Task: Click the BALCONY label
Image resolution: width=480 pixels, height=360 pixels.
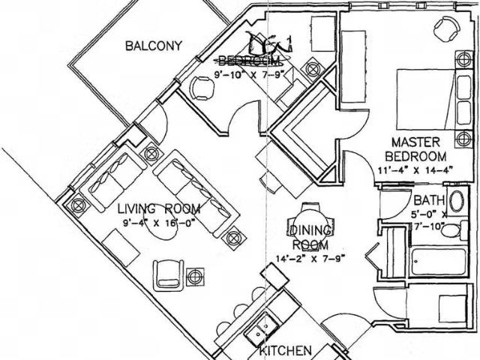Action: click(x=153, y=46)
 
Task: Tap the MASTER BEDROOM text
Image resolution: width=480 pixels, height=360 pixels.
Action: click(x=415, y=149)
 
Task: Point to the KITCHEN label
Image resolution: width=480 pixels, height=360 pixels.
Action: click(x=285, y=350)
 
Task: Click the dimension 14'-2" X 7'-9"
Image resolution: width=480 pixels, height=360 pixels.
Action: click(x=309, y=259)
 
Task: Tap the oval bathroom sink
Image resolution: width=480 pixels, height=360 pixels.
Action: click(x=457, y=202)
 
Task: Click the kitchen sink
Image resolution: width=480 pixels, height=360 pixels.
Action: click(x=263, y=328)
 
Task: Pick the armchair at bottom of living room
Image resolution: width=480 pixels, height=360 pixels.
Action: click(x=168, y=274)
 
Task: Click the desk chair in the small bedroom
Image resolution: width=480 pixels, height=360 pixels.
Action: click(x=202, y=88)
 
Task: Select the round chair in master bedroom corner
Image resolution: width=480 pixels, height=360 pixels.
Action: click(x=446, y=28)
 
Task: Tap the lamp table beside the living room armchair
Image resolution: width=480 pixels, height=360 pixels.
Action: click(x=195, y=276)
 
